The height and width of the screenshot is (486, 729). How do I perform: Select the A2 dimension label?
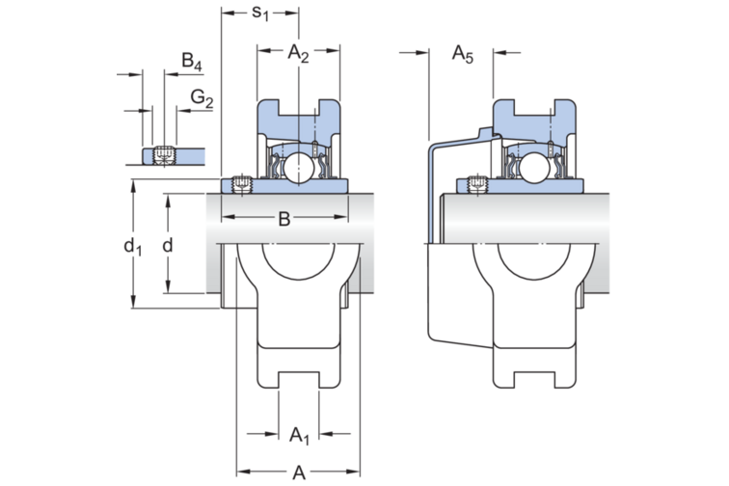click(298, 56)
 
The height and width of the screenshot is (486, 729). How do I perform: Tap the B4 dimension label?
click(191, 65)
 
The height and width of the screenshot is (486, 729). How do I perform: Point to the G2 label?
click(201, 97)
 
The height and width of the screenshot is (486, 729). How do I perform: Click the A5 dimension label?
click(463, 56)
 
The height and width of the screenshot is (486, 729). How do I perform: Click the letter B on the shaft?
click(283, 220)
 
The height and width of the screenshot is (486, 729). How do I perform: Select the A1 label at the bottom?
click(300, 436)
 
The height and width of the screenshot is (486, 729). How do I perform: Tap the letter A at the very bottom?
click(299, 471)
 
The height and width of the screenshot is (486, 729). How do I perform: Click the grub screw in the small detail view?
click(162, 154)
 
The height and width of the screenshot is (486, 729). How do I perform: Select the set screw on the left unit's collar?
click(240, 183)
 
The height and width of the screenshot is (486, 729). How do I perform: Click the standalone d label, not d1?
click(168, 247)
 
